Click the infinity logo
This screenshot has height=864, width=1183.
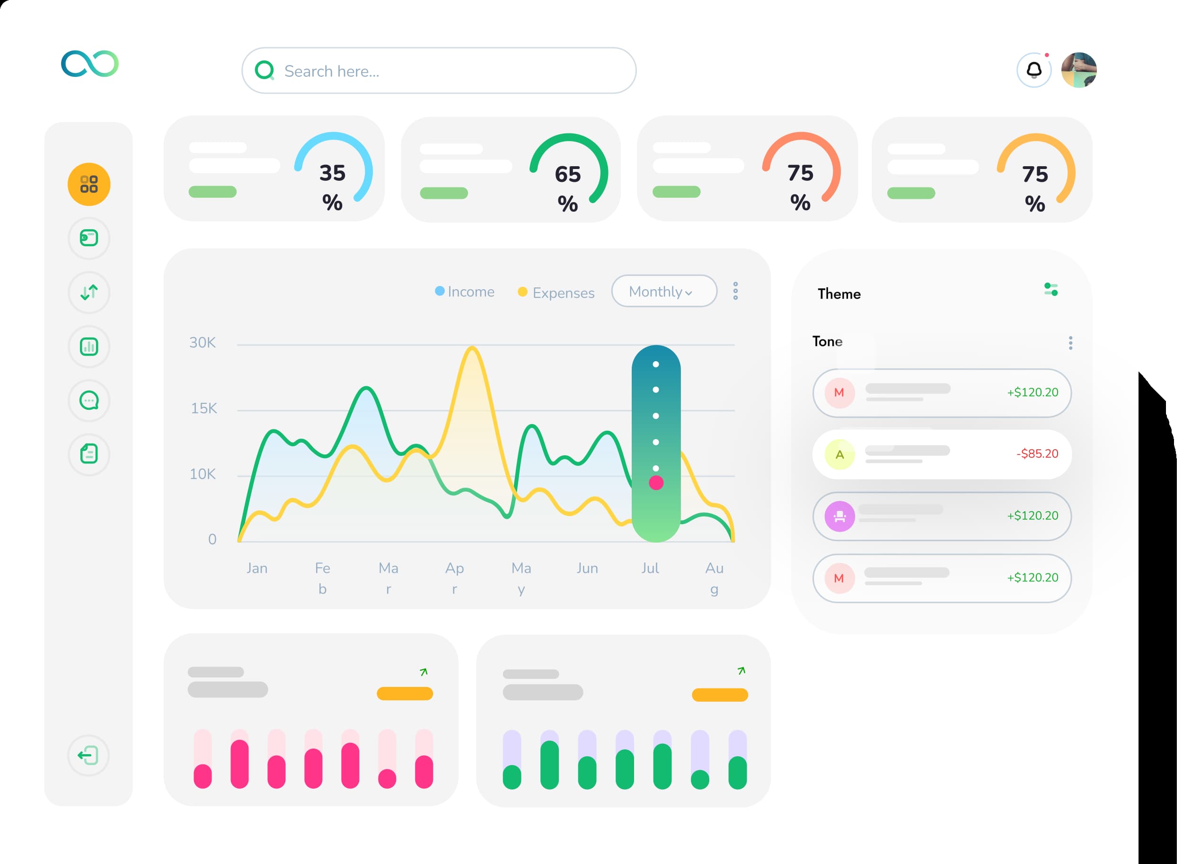click(90, 64)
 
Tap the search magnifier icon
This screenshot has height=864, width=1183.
click(265, 70)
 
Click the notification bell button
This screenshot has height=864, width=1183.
click(1033, 70)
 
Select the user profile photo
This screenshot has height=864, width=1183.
click(1078, 70)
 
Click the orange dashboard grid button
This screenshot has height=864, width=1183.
click(89, 184)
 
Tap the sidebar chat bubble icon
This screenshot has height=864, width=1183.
click(89, 401)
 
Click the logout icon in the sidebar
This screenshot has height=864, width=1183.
click(88, 755)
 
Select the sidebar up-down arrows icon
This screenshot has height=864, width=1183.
click(89, 292)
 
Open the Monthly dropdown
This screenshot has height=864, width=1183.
click(663, 291)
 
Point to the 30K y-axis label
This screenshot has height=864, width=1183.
click(203, 343)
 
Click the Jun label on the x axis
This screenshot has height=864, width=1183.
click(587, 568)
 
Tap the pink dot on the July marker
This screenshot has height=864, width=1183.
click(656, 483)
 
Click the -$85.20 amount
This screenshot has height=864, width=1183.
click(1037, 454)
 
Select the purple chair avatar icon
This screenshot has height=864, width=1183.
click(839, 516)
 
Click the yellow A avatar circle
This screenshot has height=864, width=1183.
click(839, 454)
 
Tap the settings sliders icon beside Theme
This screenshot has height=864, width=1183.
click(1051, 289)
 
